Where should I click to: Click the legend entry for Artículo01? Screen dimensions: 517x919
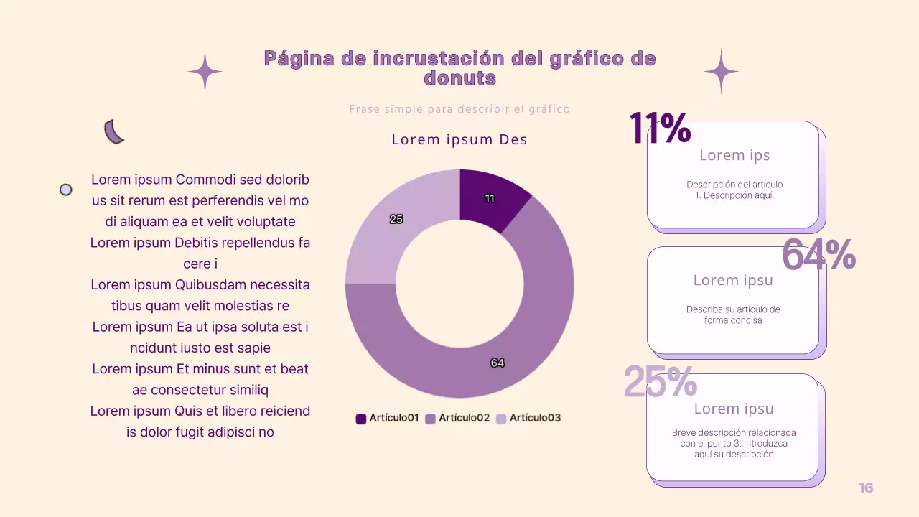click(388, 418)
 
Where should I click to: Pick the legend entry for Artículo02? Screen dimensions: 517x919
click(457, 418)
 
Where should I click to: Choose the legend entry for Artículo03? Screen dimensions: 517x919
click(528, 418)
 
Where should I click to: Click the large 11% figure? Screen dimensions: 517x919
click(660, 129)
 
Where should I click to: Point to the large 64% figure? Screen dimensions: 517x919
click(818, 255)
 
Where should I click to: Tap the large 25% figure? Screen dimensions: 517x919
click(660, 381)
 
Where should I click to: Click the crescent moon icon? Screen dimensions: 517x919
click(113, 132)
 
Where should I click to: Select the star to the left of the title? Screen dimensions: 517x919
click(205, 71)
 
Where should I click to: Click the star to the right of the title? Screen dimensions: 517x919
click(721, 71)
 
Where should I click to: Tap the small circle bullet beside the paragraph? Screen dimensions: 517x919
click(65, 190)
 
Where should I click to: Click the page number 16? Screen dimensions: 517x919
click(866, 488)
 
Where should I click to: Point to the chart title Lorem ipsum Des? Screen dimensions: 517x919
click(459, 140)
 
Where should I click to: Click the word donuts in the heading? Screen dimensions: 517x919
click(459, 78)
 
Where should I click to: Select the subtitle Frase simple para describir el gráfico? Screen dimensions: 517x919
click(459, 109)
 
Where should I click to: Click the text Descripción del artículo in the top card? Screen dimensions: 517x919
click(734, 185)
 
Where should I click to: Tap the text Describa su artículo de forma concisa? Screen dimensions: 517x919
click(733, 315)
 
